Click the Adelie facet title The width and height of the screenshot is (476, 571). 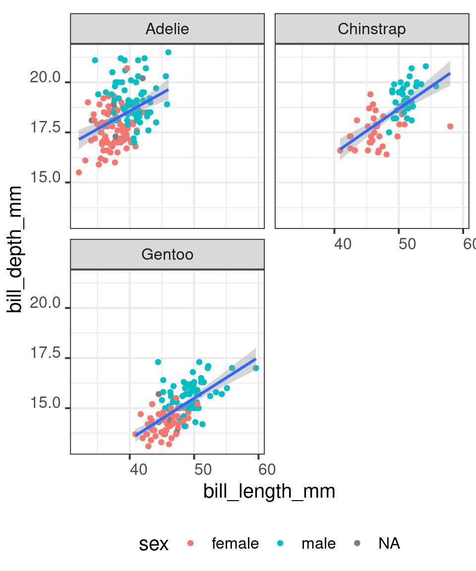click(x=167, y=29)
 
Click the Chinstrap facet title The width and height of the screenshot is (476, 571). click(x=371, y=29)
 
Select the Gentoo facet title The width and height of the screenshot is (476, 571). click(x=167, y=255)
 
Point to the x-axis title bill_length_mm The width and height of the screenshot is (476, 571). click(x=269, y=491)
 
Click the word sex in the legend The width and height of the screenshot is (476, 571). click(x=154, y=544)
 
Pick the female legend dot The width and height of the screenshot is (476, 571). click(x=191, y=544)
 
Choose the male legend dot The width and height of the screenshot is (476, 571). click(x=281, y=544)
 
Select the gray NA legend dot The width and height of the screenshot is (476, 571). click(x=357, y=544)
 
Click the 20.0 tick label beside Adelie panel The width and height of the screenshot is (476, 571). click(x=45, y=78)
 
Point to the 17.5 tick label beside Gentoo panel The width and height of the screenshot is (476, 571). click(x=45, y=354)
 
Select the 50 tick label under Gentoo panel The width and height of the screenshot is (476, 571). click(x=203, y=469)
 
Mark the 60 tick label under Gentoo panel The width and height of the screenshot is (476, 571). click(x=267, y=469)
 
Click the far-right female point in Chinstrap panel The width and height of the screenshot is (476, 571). click(x=450, y=126)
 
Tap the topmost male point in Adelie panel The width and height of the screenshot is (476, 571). click(x=168, y=52)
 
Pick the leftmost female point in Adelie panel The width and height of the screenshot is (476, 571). click(x=79, y=172)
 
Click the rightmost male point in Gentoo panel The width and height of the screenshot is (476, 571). click(x=256, y=368)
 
